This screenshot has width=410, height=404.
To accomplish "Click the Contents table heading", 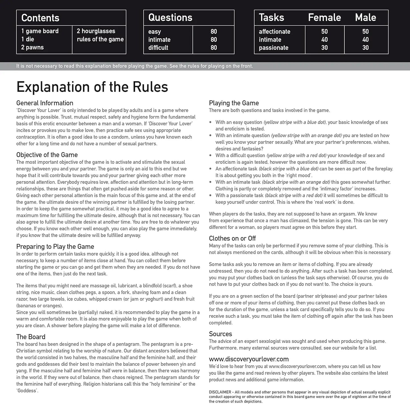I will tap(40, 18).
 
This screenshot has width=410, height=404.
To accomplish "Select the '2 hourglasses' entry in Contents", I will tap(96, 31).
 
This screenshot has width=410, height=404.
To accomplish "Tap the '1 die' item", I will tap(28, 39).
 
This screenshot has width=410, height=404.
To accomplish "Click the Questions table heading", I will tap(170, 18).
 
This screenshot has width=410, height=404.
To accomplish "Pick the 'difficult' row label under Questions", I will tap(158, 48).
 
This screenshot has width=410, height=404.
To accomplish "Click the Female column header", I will tap(324, 18).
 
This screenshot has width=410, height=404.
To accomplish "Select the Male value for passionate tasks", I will tap(365, 48).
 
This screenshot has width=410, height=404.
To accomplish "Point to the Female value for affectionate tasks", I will tap(324, 31).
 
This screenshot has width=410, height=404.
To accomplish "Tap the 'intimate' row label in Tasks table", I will tap(270, 40).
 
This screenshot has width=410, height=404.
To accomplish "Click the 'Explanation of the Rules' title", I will tap(92, 87).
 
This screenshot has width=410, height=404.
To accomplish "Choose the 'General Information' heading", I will tap(45, 103).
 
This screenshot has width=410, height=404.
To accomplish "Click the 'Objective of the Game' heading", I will tap(47, 155).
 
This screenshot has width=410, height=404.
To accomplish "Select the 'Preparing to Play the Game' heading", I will tap(55, 247).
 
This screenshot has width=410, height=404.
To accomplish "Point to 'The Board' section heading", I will tap(31, 337).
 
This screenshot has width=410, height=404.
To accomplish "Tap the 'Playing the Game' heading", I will tap(234, 103).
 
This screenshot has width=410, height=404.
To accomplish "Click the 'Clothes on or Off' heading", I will tap(232, 238).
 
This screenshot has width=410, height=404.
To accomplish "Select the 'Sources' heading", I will tap(220, 334).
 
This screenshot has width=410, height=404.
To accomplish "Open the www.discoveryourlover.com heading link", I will tap(249, 359).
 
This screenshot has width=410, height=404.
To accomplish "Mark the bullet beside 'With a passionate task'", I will tap(210, 195).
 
